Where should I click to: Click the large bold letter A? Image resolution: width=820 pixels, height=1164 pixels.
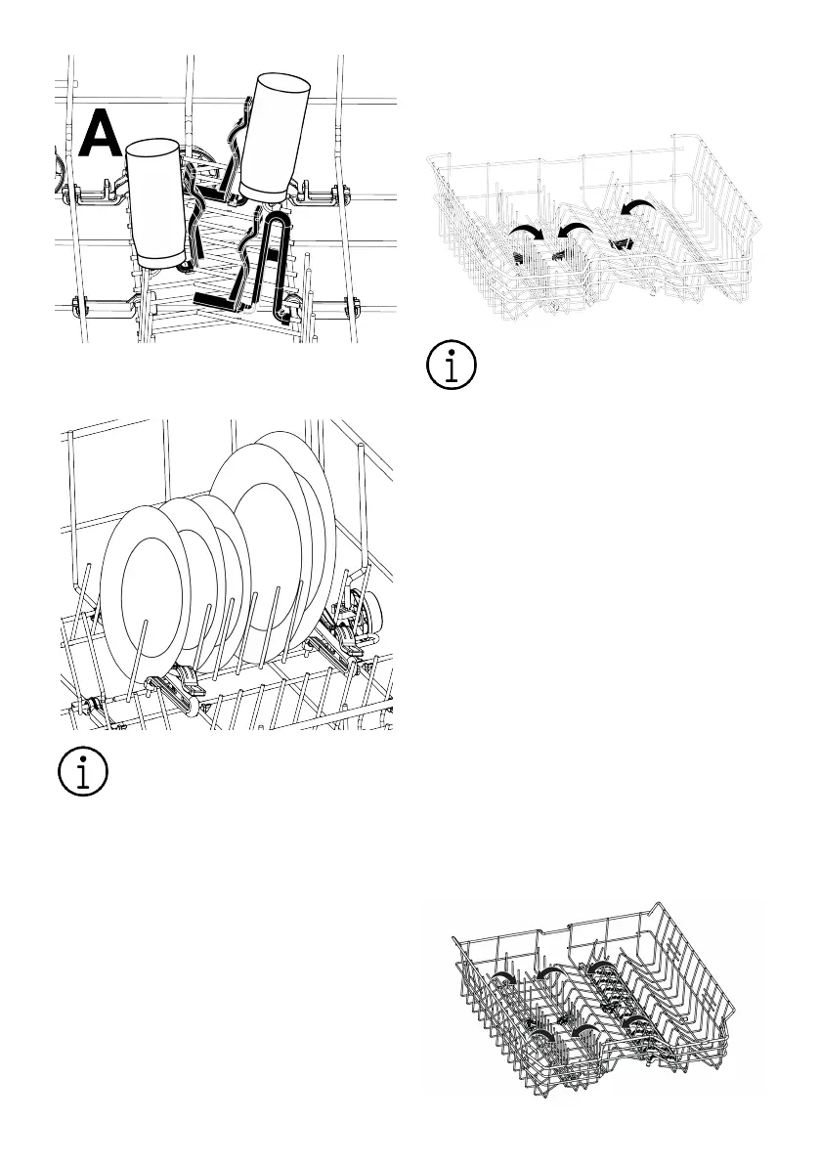(x=101, y=134)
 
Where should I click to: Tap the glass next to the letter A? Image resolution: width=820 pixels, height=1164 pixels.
(x=155, y=202)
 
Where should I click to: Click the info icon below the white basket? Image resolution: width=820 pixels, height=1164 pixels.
(x=452, y=365)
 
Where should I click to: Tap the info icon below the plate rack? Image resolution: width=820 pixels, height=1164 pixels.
(x=83, y=771)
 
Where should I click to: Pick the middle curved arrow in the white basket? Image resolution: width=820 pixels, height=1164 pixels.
(x=575, y=230)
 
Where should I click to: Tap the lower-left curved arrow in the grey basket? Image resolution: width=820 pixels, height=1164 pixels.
(x=541, y=1035)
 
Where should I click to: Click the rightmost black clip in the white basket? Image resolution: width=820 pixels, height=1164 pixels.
(x=619, y=242)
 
